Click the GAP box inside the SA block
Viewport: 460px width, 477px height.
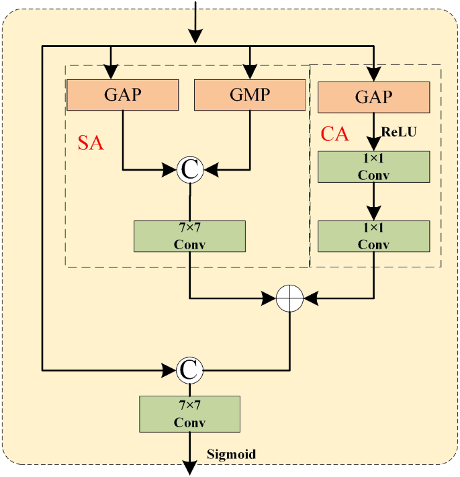click(122, 95)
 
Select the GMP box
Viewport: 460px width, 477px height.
click(250, 95)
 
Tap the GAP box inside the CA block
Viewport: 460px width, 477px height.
click(373, 97)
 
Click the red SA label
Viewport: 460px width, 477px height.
click(91, 142)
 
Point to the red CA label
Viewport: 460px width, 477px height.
click(334, 134)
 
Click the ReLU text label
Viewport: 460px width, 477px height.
click(400, 132)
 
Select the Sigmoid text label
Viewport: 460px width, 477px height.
click(231, 455)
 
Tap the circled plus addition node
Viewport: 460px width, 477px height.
click(290, 297)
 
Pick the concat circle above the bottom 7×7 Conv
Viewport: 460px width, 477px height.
click(189, 369)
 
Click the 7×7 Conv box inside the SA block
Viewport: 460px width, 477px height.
click(190, 236)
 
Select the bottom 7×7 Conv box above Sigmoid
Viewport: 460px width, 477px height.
click(189, 414)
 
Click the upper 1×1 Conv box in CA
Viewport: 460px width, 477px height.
click(373, 167)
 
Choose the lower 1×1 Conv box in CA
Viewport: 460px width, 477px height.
click(373, 236)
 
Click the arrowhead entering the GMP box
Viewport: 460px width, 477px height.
click(250, 73)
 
